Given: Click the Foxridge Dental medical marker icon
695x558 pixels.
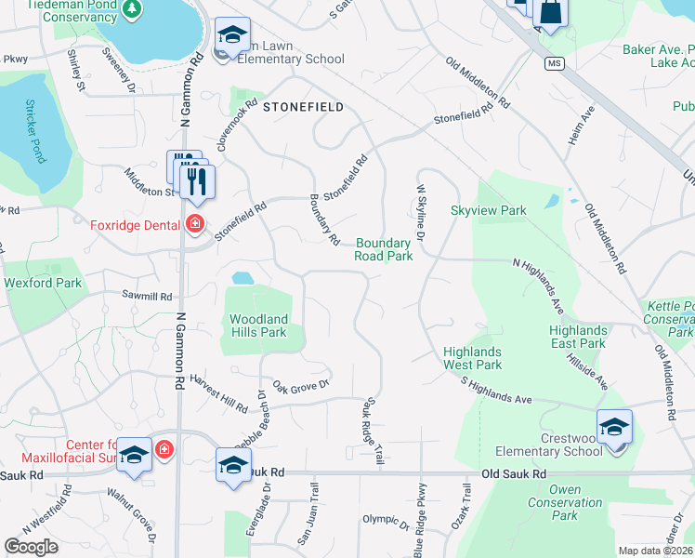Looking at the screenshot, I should click(x=194, y=224).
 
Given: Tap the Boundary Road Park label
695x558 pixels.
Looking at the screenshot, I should click(x=384, y=249).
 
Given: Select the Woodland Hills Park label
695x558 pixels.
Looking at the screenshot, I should click(x=259, y=325).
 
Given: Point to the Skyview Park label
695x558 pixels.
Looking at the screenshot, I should click(x=489, y=211).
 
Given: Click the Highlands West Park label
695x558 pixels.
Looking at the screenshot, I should click(x=472, y=358).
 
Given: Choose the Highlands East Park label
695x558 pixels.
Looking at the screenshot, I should click(x=578, y=337).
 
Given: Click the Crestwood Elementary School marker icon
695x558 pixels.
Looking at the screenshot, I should click(x=614, y=428).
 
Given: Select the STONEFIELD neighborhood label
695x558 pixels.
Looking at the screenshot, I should click(x=303, y=107).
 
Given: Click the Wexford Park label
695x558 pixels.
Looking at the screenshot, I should click(x=43, y=283).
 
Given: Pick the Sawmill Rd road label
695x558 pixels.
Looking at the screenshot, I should click(x=148, y=297).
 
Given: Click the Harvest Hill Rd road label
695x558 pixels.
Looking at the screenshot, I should click(x=219, y=394).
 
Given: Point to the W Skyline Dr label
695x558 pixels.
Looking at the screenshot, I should click(x=419, y=213).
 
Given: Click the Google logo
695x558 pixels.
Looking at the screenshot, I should click(x=32, y=547).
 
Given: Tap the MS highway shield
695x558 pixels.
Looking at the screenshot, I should click(x=555, y=63).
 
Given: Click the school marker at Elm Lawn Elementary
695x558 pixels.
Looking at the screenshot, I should click(x=231, y=36).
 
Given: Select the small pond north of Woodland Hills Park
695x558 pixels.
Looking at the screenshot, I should click(x=242, y=277).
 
